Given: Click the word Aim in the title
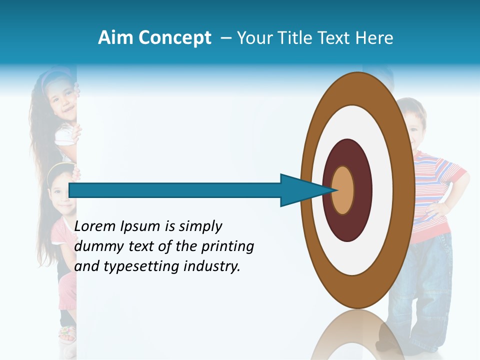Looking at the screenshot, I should [x=116, y=38].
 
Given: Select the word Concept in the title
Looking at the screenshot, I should [x=175, y=38].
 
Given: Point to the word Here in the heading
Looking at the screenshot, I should [x=373, y=38].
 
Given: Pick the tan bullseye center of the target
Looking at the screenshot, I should [x=342, y=190].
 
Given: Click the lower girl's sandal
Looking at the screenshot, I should [x=67, y=332].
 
